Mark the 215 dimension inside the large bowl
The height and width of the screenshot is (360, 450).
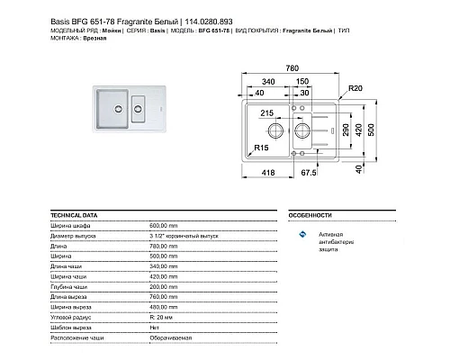(x=267, y=113)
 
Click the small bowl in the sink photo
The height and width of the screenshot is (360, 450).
(x=138, y=112)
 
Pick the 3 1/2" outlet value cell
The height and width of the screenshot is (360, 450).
(x=184, y=235)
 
